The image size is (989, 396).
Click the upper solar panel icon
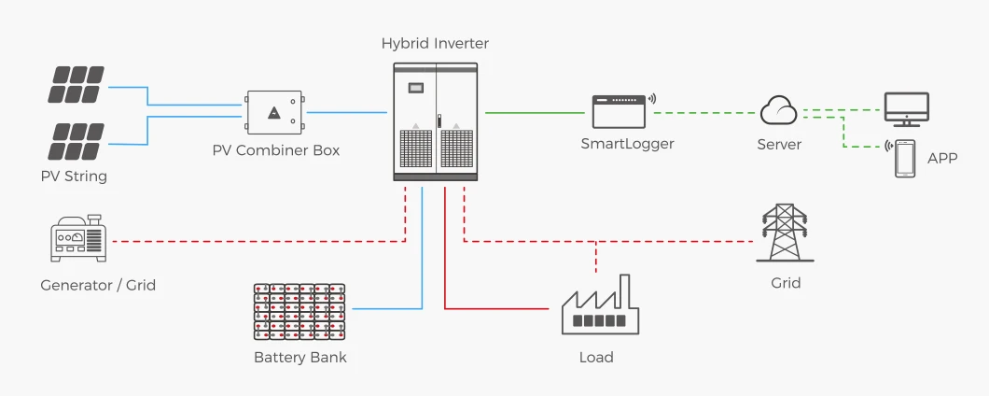77,84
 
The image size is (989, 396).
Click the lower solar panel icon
77,141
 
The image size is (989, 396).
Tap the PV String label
74,176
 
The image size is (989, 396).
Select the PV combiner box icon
274,112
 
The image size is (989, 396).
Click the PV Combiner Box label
274,149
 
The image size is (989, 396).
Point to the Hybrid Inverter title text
435,44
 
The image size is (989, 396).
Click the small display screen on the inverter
415,87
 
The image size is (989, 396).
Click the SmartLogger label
627,144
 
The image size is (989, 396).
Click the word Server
779,145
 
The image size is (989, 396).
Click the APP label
942,159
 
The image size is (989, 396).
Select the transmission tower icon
785,233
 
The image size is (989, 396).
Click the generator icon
79,239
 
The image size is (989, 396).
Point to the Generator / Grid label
98,285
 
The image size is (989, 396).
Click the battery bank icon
299,311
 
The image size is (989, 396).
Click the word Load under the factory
596,357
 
